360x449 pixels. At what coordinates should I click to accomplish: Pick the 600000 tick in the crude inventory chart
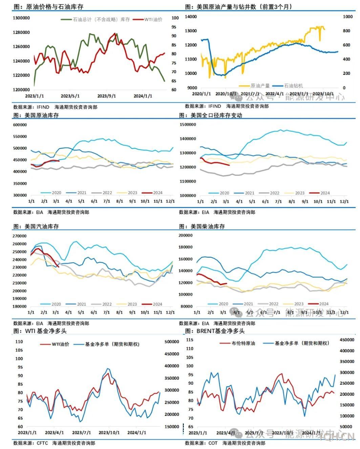pos(20,125)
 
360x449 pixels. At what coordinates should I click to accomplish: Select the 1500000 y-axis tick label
pos(188,125)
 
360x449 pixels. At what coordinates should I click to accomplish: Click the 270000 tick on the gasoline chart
pos(20,236)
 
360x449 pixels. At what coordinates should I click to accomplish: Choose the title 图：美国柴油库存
pos(202,227)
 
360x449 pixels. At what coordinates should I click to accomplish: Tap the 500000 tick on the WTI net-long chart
pos(172,342)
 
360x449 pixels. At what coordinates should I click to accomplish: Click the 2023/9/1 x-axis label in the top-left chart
pos(107,96)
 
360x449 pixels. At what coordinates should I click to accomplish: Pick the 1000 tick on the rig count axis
pos(348,17)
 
